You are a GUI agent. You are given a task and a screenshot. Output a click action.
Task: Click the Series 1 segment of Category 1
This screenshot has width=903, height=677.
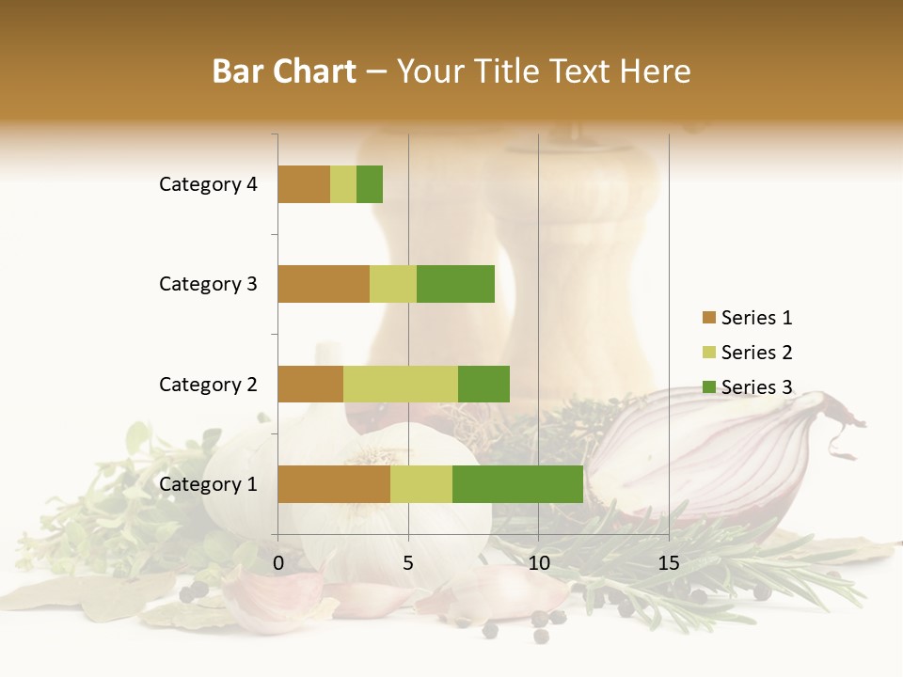[x=334, y=484]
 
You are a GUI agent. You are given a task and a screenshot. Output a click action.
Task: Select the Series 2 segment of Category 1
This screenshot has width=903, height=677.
[x=421, y=484]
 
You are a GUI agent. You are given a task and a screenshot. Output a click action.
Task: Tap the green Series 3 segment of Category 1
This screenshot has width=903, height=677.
[x=517, y=484]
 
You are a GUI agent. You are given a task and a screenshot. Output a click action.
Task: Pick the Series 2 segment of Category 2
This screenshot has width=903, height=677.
[x=401, y=384]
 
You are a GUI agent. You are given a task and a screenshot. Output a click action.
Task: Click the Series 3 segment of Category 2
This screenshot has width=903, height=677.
[x=483, y=384]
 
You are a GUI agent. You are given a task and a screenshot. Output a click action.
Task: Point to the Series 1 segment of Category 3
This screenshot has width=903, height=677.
[x=324, y=284]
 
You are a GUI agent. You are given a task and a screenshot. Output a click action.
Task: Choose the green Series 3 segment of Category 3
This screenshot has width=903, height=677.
[x=455, y=284]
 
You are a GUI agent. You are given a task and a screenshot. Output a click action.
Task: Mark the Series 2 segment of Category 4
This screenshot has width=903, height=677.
[x=343, y=184]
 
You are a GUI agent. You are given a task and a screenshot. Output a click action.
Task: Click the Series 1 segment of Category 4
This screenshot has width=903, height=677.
[x=304, y=184]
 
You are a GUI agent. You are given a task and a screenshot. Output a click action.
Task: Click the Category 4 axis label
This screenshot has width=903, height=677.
[x=208, y=184]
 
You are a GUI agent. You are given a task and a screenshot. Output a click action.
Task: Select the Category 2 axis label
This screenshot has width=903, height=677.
[x=208, y=384]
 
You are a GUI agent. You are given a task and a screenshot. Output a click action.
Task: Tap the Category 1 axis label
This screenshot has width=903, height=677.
[x=208, y=484]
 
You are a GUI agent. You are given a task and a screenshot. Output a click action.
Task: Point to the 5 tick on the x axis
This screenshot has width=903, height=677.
[x=408, y=563]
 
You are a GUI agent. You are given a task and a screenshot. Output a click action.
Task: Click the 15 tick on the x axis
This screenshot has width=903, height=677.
[x=669, y=563]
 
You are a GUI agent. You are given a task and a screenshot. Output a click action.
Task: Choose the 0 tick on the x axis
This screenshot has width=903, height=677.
[x=278, y=563]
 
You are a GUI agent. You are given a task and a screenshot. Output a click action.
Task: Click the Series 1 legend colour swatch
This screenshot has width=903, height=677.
[x=708, y=318]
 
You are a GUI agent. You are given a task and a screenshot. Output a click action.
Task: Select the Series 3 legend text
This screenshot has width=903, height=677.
[x=756, y=386]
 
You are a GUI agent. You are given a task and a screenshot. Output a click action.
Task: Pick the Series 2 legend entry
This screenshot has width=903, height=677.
[x=748, y=353]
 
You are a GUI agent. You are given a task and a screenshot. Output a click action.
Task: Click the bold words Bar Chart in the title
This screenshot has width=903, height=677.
[x=284, y=71]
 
